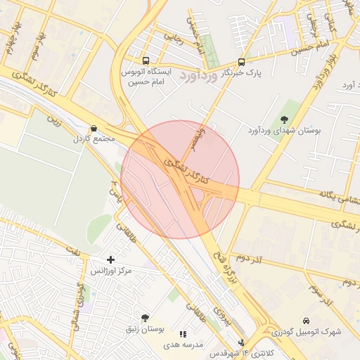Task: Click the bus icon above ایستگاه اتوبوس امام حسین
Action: [x=146, y=61]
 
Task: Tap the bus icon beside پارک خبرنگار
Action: [x=242, y=62]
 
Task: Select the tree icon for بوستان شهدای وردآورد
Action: [x=284, y=119]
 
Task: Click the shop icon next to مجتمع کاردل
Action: [x=94, y=128]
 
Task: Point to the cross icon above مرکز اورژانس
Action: [x=110, y=259]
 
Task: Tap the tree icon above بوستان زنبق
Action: [x=145, y=318]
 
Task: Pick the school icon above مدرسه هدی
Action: [x=183, y=334]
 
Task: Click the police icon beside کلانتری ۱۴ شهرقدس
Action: [x=242, y=343]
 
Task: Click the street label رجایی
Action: [x=173, y=37]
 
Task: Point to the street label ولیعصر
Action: [x=201, y=138]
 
